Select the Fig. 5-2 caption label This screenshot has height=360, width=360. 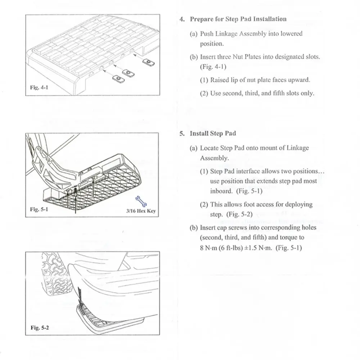(x=39, y=328)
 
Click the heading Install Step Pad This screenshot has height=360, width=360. (x=213, y=133)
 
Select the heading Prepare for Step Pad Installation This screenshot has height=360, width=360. (x=238, y=19)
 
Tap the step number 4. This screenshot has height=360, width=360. (x=182, y=19)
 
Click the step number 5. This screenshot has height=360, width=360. (x=182, y=133)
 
